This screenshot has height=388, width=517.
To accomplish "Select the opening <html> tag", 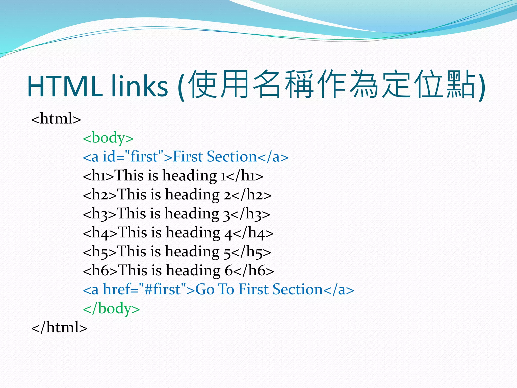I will pos(56,118).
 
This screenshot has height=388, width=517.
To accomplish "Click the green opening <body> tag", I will pos(108,138).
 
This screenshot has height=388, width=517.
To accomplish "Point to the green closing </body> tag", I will pos(111,308).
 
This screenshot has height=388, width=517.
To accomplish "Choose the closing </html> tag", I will pos(59,327).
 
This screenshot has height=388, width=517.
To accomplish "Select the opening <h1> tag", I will pos(99,176).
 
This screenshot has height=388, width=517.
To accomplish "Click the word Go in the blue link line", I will pos(205,289).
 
